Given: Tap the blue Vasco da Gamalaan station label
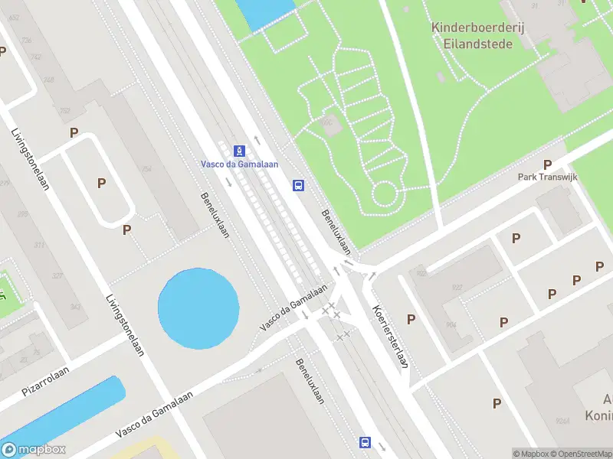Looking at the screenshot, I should pyautogui.click(x=239, y=164).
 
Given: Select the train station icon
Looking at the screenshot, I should pyautogui.click(x=240, y=150).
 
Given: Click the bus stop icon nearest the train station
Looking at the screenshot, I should pyautogui.click(x=298, y=185).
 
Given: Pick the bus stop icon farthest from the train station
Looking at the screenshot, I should pyautogui.click(x=365, y=442).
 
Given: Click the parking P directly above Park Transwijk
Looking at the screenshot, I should pyautogui.click(x=547, y=164).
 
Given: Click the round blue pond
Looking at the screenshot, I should pyautogui.click(x=198, y=305).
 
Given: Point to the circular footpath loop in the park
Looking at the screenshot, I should pyautogui.click(x=385, y=194).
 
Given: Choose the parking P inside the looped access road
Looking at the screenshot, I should pyautogui.click(x=101, y=183).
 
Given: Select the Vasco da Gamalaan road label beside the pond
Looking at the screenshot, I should pyautogui.click(x=293, y=307).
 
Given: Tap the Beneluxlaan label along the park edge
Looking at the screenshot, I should pyautogui.click(x=336, y=233).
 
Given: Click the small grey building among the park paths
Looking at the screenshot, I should pyautogui.click(x=331, y=127).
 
